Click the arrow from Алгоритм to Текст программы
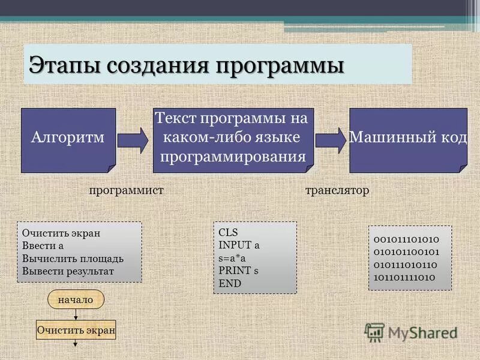pyautogui.click(x=133, y=140)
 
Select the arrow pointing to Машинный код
pyautogui.click(x=331, y=140)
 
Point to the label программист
pyautogui.click(x=126, y=190)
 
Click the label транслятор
pyautogui.click(x=337, y=190)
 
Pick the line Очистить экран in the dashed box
pyautogui.click(x=61, y=233)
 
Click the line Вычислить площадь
pyautogui.click(x=73, y=258)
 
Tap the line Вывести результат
pyautogui.click(x=68, y=271)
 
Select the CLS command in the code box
pyautogui.click(x=228, y=232)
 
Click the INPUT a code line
pyautogui.click(x=239, y=245)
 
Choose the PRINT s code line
pyautogui.click(x=238, y=270)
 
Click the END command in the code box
pyautogui.click(x=230, y=283)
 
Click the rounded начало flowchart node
pyautogui.click(x=76, y=299)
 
